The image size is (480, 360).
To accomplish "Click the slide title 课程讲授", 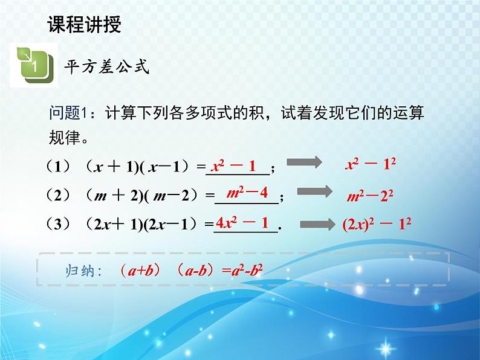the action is pos(85,24).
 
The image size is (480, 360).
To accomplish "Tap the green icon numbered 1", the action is pos(34,65).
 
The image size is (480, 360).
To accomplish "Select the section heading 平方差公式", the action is pos(107,66).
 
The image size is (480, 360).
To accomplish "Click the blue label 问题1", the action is pos(69,113).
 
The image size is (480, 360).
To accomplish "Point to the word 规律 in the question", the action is pos(65,137).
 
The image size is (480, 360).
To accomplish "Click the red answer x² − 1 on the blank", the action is pos(233,166).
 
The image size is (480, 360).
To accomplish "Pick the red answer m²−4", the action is pos(247,193).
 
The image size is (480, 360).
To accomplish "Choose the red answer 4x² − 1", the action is pos(242,223).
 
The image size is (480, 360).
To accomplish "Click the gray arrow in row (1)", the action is pos(304,162).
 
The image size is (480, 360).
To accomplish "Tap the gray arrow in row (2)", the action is pos(315,191).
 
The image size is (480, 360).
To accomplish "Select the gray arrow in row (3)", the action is pos(318,224).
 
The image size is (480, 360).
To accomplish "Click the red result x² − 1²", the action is pos(371,164).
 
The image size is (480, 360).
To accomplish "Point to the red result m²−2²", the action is pos(370,196).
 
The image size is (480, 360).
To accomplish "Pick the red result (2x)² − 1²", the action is pos(377,225).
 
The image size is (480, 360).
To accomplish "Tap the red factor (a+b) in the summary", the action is pos(140,271).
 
